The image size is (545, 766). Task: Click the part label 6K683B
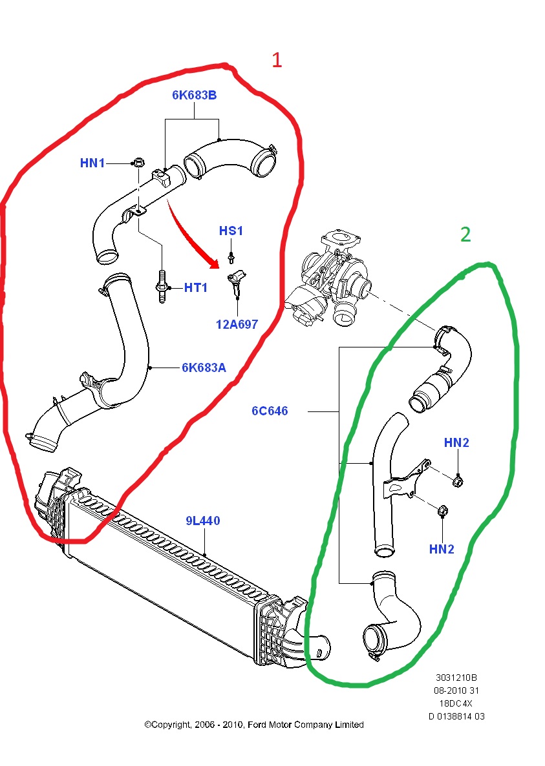tap(194, 96)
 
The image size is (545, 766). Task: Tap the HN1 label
tap(92, 163)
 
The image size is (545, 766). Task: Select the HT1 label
tap(195, 288)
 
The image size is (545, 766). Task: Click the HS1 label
tap(231, 231)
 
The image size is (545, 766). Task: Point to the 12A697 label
tap(237, 324)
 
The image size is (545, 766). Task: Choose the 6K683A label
tap(204, 367)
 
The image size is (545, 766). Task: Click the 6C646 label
tap(270, 411)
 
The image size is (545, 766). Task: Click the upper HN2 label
tap(456, 442)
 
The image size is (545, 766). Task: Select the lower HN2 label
tap(442, 549)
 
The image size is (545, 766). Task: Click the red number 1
tap(276, 61)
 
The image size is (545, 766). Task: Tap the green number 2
tap(465, 235)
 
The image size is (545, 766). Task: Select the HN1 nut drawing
tap(138, 162)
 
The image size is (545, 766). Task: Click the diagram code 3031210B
tap(456, 678)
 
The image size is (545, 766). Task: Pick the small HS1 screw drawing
tap(231, 261)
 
